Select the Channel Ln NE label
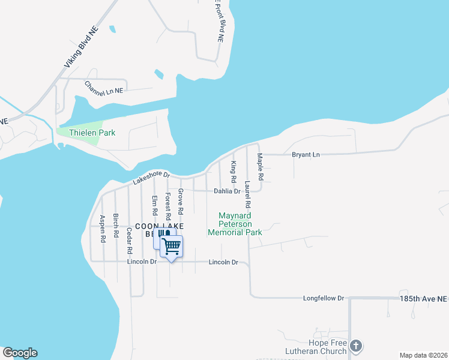tap(103, 88)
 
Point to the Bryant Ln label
tap(306, 155)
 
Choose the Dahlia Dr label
tap(227, 191)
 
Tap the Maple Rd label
tap(261, 167)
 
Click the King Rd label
tap(234, 172)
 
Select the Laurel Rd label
tap(247, 194)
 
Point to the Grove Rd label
tap(180, 202)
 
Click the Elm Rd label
tap(154, 206)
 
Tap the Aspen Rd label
tap(103, 228)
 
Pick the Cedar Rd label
tap(129, 241)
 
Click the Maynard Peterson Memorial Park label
tap(235, 224)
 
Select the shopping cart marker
tap(172, 246)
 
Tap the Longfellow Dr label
tap(323, 298)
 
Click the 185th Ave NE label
tap(423, 298)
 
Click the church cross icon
tap(356, 346)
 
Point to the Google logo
tap(20, 353)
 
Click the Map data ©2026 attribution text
tap(423, 355)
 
